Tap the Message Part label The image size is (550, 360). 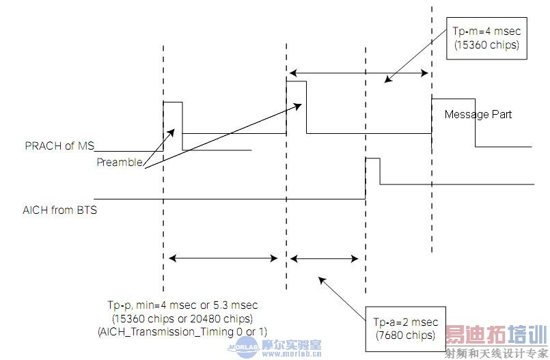(478, 114)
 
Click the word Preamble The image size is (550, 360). (119, 162)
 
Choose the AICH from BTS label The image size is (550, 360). (59, 210)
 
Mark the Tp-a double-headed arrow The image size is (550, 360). (325, 258)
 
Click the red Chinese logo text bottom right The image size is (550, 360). (496, 335)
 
